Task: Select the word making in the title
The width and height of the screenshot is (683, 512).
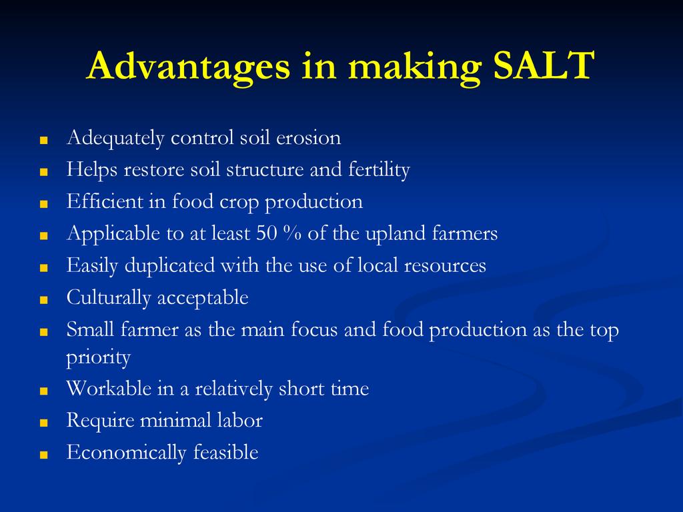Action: tap(415, 67)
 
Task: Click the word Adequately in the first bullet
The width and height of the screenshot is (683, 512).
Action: tap(115, 139)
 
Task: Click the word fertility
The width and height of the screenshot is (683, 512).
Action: tap(379, 170)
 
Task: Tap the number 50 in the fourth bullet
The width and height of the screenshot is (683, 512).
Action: tap(267, 233)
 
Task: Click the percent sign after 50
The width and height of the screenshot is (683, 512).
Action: tap(292, 233)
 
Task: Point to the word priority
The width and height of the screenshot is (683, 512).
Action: tap(99, 358)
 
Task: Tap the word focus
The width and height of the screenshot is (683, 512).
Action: tap(314, 329)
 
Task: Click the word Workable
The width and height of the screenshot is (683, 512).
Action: tap(109, 388)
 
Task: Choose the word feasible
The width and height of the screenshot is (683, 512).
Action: tap(225, 452)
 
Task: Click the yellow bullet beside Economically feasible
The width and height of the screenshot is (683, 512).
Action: tap(43, 455)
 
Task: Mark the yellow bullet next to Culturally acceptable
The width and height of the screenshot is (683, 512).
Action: tap(43, 301)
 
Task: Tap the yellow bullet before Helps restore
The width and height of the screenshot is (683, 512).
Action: tap(43, 173)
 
